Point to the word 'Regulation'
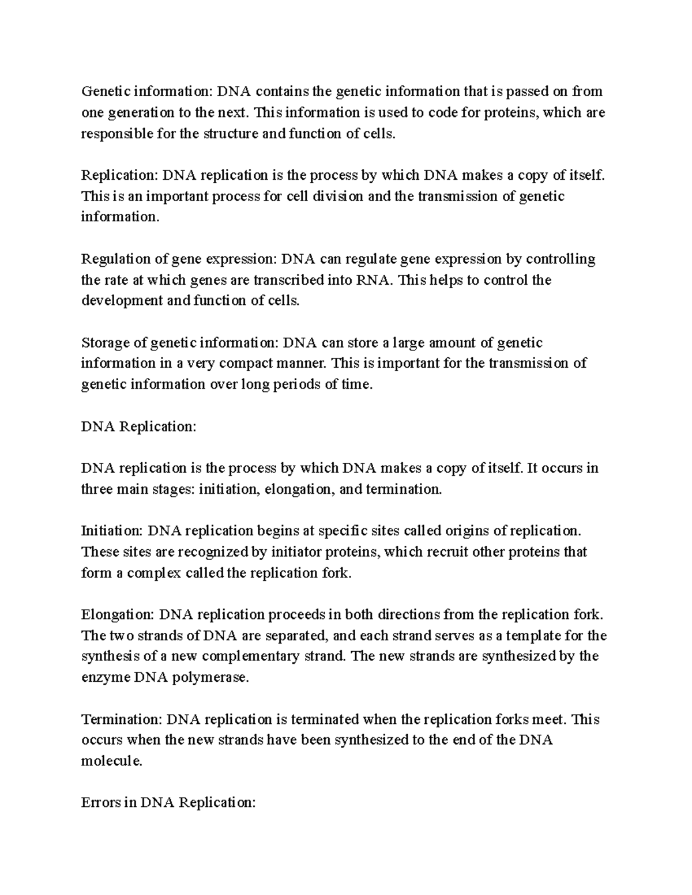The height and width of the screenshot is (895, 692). (113, 259)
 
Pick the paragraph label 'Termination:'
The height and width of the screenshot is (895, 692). (122, 719)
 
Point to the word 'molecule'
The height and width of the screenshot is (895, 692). (110, 761)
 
